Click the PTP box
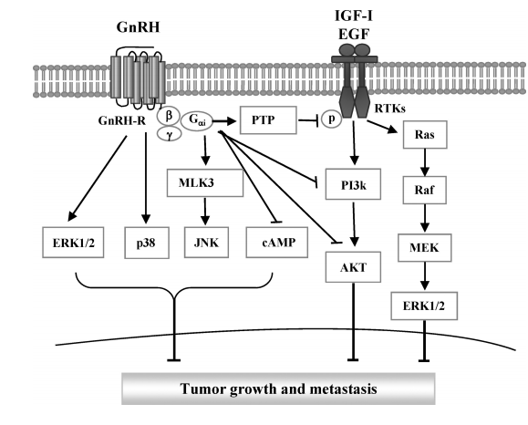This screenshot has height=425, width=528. tap(268, 119)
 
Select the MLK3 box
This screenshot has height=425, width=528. tap(205, 183)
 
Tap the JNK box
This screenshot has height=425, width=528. tap(206, 243)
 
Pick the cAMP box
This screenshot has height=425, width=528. tap(277, 243)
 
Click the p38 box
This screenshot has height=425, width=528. tap(147, 243)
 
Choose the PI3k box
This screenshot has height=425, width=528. tap(353, 184)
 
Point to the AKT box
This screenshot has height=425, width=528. tap(353, 267)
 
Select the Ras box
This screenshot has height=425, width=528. tap(425, 135)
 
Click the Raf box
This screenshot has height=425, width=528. tap(425, 190)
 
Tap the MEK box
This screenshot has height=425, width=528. tap(424, 248)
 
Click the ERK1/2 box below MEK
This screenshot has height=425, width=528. tap(424, 306)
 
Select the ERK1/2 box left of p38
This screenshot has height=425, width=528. tap(73, 243)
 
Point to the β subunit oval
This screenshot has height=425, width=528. tap(169, 116)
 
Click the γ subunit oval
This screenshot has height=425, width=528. tap(170, 134)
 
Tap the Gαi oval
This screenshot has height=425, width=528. tap(197, 121)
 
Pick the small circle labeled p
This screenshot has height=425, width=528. tap(331, 119)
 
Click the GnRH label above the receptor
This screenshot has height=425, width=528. tap(138, 27)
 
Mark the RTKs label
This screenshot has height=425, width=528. tap(390, 109)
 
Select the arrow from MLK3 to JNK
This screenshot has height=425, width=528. tap(205, 212)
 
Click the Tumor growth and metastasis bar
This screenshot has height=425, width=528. tap(278, 389)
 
